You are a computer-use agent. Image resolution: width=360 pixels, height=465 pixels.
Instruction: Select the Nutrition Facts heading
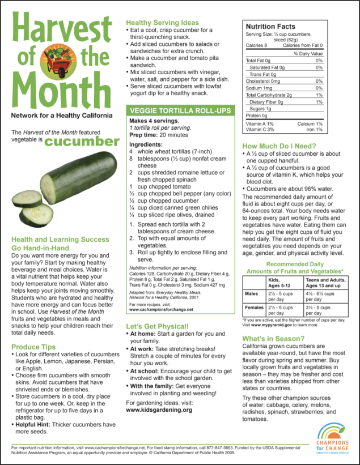[x=270, y=26]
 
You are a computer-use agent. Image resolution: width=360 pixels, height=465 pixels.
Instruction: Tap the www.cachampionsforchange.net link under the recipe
[x=161, y=310]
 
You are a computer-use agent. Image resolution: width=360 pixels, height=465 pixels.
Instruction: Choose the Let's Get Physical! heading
[x=157, y=327]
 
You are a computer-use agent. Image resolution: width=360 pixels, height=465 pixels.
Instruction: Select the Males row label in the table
[x=251, y=293]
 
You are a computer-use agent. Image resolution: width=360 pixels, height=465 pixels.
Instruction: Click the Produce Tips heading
[x=35, y=347]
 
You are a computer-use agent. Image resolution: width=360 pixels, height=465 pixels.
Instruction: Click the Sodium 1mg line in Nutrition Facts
[x=259, y=88]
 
